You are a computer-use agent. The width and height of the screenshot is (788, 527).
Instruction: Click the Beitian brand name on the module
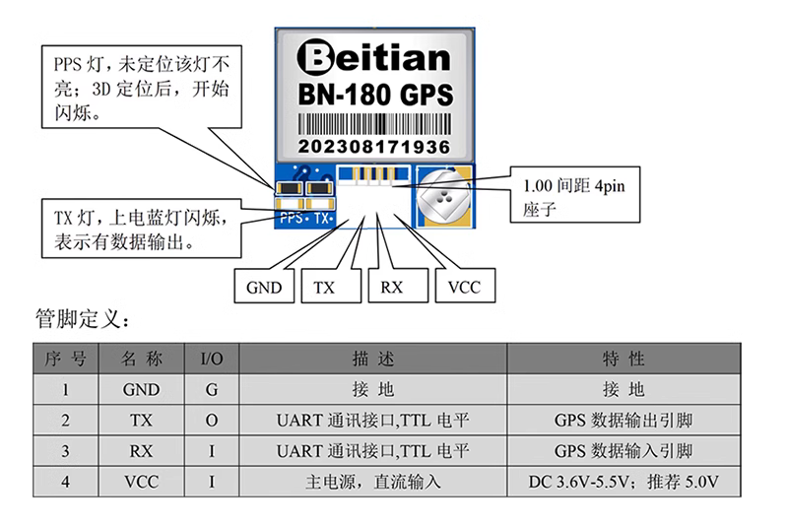coord(373,58)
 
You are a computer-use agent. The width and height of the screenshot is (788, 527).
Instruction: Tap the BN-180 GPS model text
coord(374,96)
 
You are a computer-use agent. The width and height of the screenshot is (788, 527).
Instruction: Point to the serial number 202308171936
coord(374,147)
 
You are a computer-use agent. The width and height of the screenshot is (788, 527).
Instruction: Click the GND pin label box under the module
coord(263,288)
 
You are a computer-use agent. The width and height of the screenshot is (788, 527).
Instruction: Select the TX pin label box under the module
coord(325,288)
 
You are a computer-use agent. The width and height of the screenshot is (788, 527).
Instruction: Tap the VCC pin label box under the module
coord(463,288)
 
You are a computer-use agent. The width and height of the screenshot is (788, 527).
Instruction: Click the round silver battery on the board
coord(444,196)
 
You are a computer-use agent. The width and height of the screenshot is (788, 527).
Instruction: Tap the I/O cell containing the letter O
coord(211,421)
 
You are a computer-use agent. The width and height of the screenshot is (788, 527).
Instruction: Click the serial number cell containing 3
coord(65,451)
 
